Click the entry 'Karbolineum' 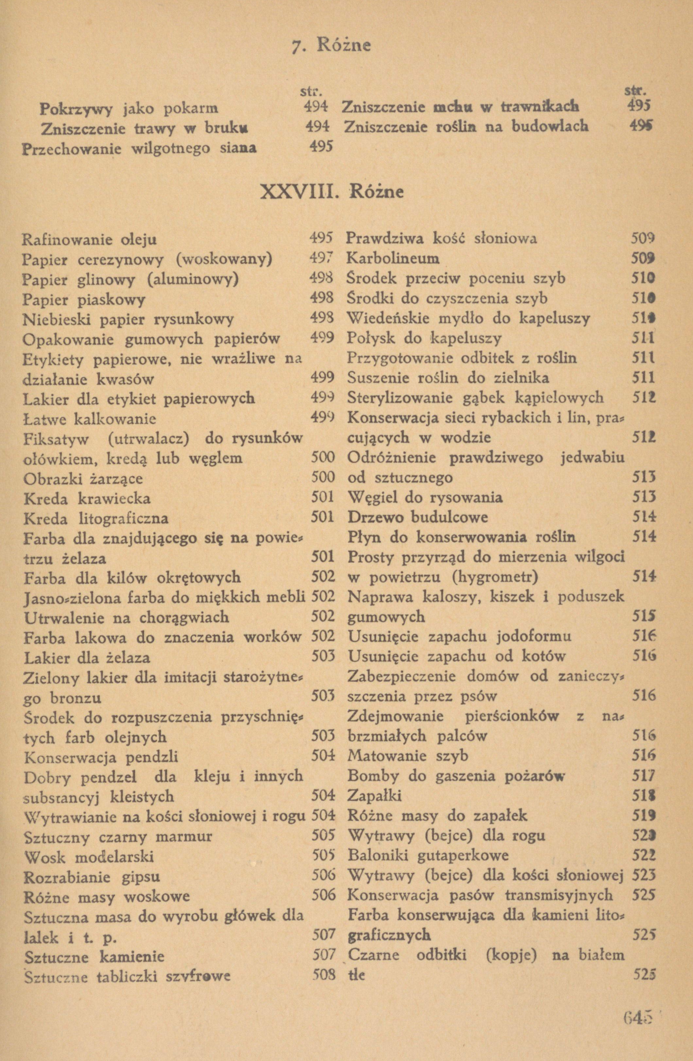coord(393,259)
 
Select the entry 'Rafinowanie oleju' coord(90,240)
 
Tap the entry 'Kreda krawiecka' coord(87,498)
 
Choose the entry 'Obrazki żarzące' coord(83,478)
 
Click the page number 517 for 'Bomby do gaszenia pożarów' coord(644,776)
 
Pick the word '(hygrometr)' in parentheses coord(495,577)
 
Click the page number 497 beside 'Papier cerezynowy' coord(321,259)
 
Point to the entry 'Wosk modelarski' coord(89,856)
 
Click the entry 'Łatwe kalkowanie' coord(90,419)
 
